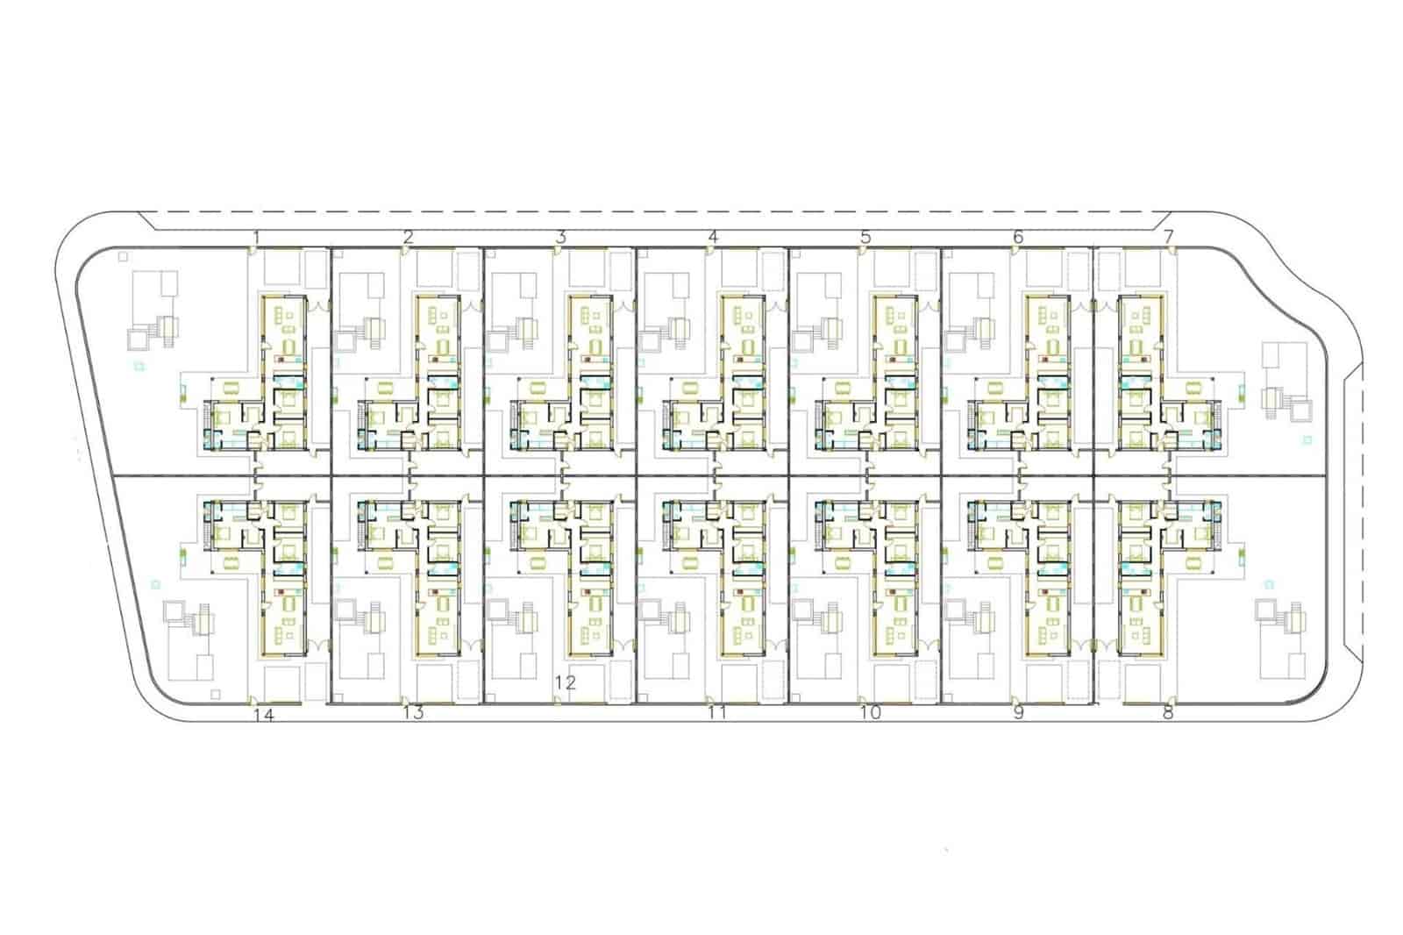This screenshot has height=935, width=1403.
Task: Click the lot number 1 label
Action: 256,238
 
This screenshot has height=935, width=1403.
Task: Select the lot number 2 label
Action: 409,238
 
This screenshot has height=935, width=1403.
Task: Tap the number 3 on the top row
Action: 561,238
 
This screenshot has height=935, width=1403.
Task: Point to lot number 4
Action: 713,237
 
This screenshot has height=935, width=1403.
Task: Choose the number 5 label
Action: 865,238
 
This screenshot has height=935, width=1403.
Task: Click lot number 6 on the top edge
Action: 1018,238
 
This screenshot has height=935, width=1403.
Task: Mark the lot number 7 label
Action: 1169,238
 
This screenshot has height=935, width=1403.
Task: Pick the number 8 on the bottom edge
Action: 1168,713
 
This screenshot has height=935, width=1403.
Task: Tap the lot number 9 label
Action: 1018,713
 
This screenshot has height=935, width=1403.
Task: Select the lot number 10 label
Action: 871,713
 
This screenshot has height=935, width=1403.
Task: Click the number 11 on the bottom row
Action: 717,713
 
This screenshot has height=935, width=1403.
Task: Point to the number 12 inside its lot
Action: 565,682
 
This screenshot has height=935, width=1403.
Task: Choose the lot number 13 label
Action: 413,713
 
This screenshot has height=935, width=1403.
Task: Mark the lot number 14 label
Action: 264,715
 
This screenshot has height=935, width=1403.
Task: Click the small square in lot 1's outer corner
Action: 123,256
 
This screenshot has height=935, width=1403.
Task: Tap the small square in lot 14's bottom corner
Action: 216,695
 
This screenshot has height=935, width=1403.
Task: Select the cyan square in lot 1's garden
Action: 139,366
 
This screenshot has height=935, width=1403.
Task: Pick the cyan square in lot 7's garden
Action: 1307,440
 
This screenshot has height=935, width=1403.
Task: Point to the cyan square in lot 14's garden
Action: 156,585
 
